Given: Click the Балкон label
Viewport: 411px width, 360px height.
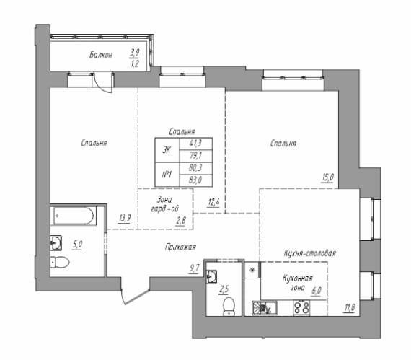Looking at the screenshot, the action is [x=101, y=55].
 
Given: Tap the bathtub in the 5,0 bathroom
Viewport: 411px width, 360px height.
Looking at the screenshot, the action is [x=73, y=216].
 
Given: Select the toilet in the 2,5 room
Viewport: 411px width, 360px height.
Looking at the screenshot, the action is [x=229, y=306].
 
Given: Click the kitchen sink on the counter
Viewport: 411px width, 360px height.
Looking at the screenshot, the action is [x=264, y=308].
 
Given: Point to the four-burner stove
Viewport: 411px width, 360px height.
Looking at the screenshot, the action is [x=301, y=307].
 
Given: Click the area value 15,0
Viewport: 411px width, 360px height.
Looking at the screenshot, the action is [x=327, y=177].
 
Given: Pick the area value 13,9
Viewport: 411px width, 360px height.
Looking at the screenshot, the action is [x=125, y=219].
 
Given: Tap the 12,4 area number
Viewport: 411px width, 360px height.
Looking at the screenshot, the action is [x=213, y=203].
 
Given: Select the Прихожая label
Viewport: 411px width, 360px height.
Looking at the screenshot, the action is [x=180, y=247].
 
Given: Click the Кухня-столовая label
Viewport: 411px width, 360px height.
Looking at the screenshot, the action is [x=310, y=253].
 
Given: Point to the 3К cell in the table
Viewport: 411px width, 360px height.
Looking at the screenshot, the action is [x=167, y=150].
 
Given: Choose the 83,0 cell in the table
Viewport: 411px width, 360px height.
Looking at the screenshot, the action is [x=195, y=180].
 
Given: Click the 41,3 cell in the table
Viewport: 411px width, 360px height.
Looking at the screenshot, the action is [x=195, y=144].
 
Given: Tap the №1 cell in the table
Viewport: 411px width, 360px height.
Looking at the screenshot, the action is [x=167, y=175].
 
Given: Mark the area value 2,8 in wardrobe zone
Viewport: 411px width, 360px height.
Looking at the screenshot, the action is [x=180, y=221].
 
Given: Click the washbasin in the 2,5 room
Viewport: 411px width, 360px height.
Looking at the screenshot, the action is [x=211, y=276].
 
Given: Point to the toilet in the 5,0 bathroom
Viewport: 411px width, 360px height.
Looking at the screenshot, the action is [x=60, y=262].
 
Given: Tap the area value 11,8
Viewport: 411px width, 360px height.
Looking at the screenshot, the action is [x=350, y=307].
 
